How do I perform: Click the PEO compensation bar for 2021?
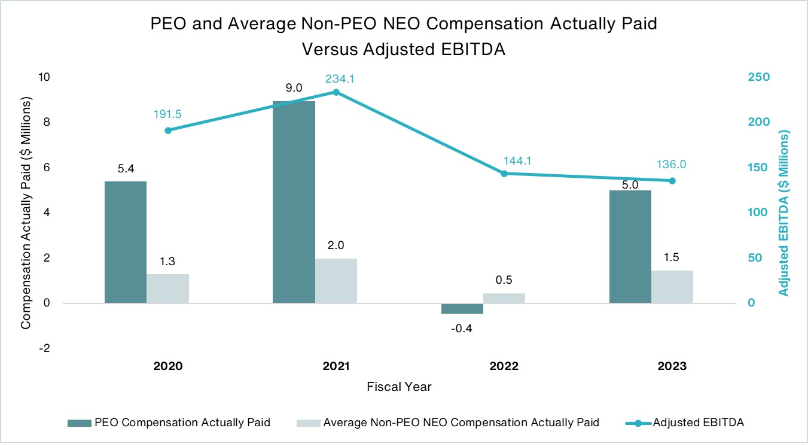tap(294, 202)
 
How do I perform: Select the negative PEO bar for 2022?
tap(462, 308)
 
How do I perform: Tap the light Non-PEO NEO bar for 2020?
tap(167, 289)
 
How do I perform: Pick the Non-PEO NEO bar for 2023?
tap(672, 287)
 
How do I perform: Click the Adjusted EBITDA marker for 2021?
tap(336, 92)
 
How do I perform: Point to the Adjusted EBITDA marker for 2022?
tap(504, 174)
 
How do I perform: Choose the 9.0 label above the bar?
tap(294, 88)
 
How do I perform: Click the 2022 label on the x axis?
tap(504, 366)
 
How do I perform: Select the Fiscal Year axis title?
tap(399, 387)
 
